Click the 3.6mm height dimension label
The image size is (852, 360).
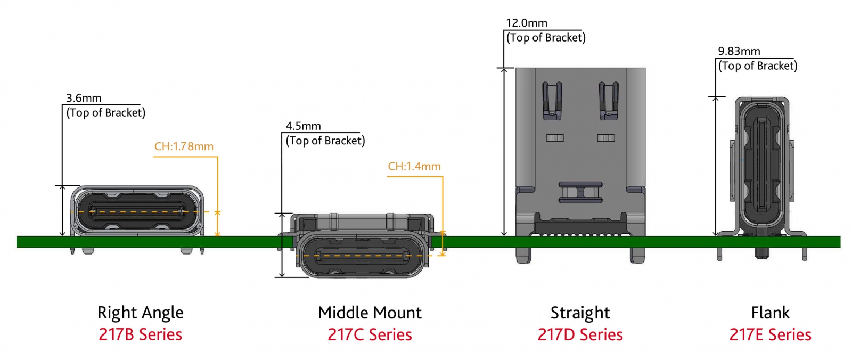click(x=84, y=98)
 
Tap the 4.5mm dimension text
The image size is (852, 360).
click(x=303, y=126)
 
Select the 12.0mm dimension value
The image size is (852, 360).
click(x=526, y=23)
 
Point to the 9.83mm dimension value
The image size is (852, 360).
click(x=739, y=51)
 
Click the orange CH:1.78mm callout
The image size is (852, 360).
click(x=184, y=146)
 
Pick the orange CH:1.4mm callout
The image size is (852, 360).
click(x=414, y=166)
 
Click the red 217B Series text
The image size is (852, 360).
click(x=140, y=334)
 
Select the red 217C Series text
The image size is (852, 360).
click(x=370, y=334)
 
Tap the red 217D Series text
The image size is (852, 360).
click(x=580, y=334)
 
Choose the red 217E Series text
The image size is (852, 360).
click(x=770, y=334)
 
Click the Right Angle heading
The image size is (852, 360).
click(x=140, y=313)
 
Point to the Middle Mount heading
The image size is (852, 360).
click(x=370, y=313)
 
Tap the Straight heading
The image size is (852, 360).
click(x=580, y=313)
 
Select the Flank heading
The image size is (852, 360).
click(x=770, y=313)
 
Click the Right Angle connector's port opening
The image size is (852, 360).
click(x=138, y=211)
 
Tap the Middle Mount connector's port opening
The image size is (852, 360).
click(x=362, y=256)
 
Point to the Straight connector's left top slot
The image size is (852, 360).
click(x=552, y=100)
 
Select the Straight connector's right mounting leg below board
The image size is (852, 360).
click(x=637, y=255)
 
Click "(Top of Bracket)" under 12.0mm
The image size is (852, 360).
click(x=546, y=38)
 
